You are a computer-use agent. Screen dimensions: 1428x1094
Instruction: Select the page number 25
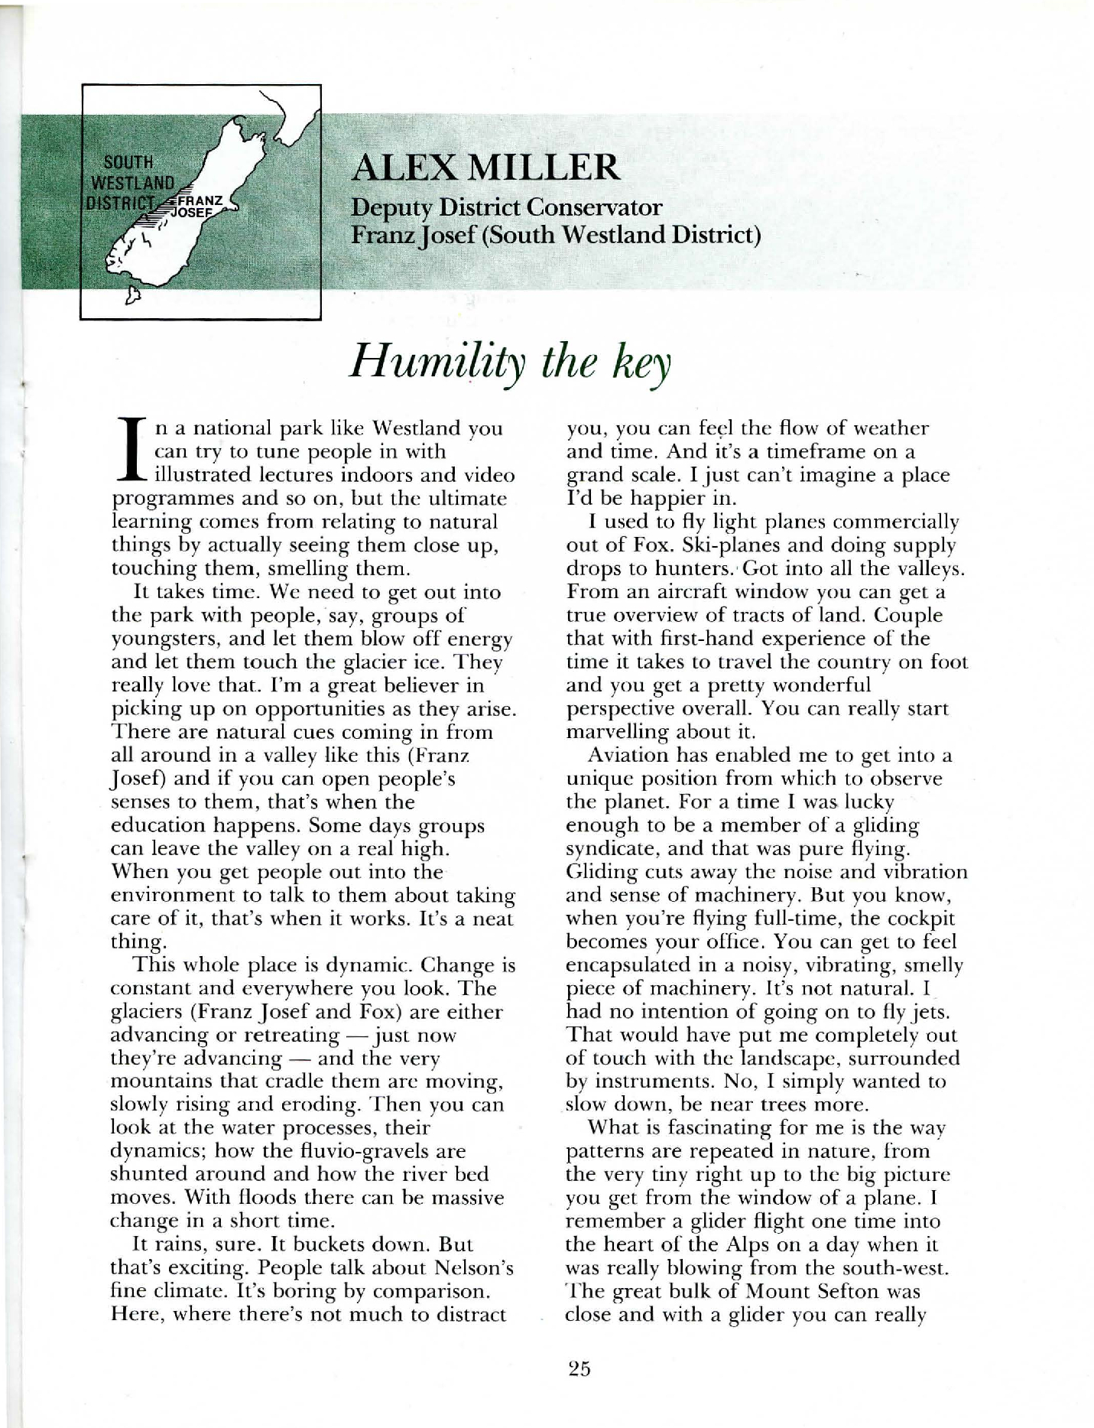(x=579, y=1368)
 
